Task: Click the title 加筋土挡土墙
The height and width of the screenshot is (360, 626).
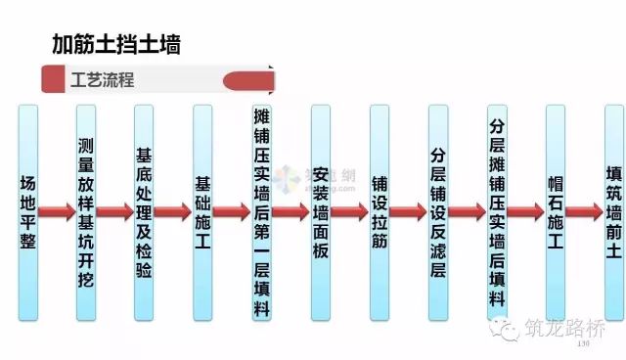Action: click(x=115, y=44)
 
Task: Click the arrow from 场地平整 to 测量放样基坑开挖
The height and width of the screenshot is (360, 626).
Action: click(x=57, y=211)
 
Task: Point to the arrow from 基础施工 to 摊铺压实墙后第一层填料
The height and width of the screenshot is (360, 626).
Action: click(x=232, y=211)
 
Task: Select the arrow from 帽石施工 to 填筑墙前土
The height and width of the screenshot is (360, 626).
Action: click(x=584, y=211)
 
